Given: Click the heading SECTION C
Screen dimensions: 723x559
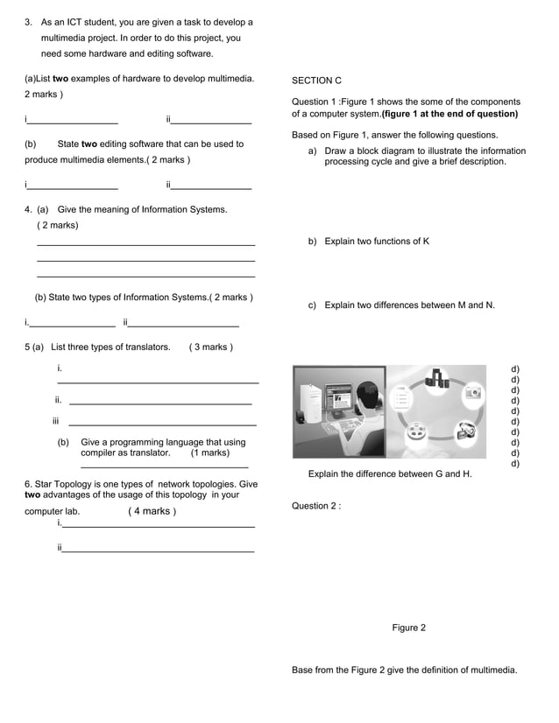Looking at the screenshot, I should click(316, 81).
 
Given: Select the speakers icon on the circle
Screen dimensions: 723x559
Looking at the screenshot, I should click(435, 378).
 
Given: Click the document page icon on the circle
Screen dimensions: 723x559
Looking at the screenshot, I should click(400, 399).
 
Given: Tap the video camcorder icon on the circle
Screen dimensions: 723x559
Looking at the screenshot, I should click(465, 430).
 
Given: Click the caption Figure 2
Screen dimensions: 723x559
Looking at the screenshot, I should click(408, 628).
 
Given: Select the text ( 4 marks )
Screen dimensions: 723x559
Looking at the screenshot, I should click(152, 511).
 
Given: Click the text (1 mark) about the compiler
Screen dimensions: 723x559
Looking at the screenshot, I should click(210, 453).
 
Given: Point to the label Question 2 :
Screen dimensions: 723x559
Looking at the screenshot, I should click(315, 506).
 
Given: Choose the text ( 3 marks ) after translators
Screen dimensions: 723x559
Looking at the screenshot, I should click(210, 347).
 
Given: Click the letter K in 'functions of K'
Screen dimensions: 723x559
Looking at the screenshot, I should click(426, 241).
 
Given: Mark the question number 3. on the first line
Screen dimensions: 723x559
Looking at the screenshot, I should click(28, 22).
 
